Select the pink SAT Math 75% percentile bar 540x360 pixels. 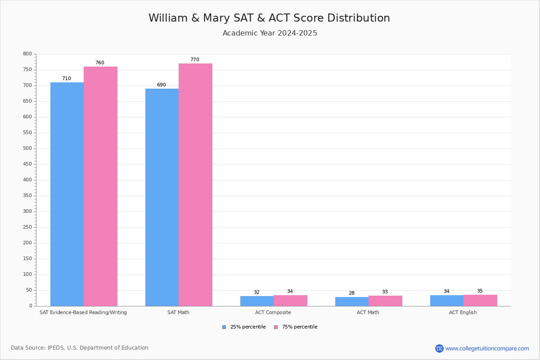click(x=195, y=184)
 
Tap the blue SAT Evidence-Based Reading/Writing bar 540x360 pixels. click(x=67, y=194)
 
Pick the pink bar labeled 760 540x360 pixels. click(x=100, y=186)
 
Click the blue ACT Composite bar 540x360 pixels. click(x=257, y=301)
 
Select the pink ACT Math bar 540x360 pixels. click(x=385, y=301)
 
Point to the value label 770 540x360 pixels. click(x=194, y=60)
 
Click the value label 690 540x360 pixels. click(x=161, y=85)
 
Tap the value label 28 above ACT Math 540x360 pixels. click(x=351, y=293)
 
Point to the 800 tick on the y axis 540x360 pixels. click(x=27, y=54)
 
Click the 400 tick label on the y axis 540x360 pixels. click(x=27, y=180)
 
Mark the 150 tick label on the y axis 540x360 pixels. click(x=27, y=259)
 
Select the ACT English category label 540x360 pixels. click(x=463, y=313)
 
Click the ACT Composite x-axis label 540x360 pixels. click(x=273, y=313)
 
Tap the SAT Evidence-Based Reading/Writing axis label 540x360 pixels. click(x=83, y=313)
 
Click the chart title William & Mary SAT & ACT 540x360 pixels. click(x=269, y=18)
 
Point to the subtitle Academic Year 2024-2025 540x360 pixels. click(x=270, y=33)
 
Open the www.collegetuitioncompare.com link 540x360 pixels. click(x=487, y=349)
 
